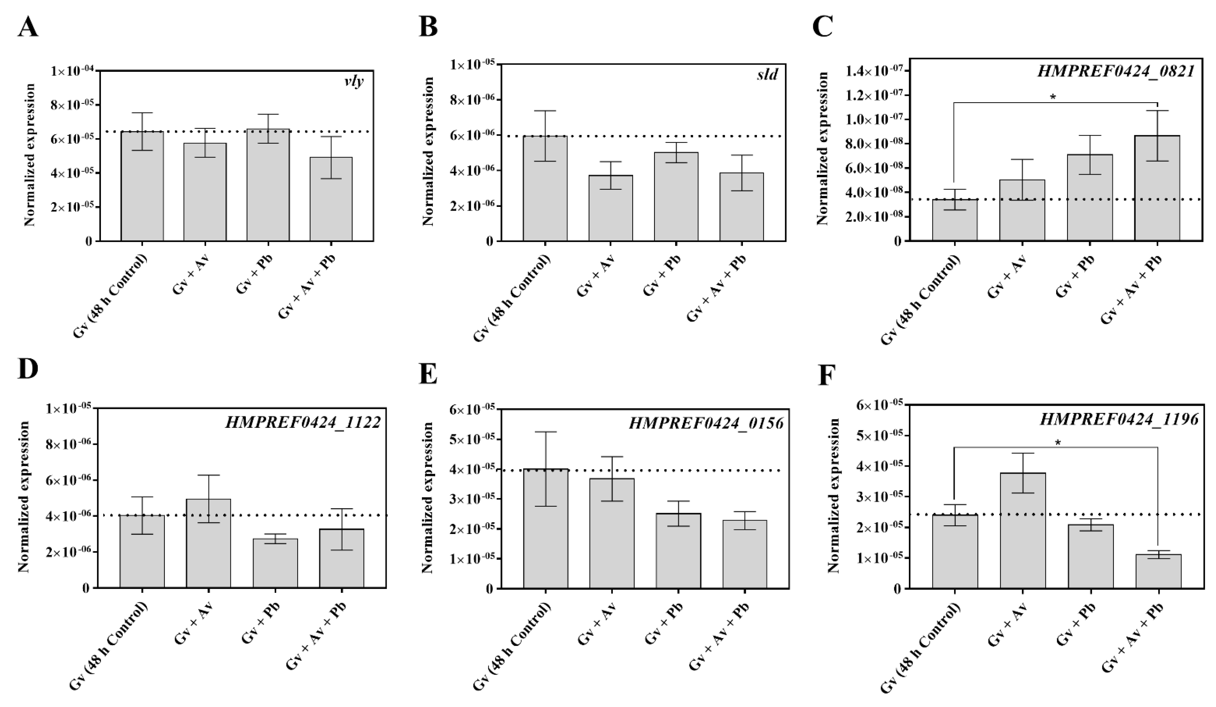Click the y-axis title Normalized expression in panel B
[428, 151]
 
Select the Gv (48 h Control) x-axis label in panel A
[110, 295]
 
